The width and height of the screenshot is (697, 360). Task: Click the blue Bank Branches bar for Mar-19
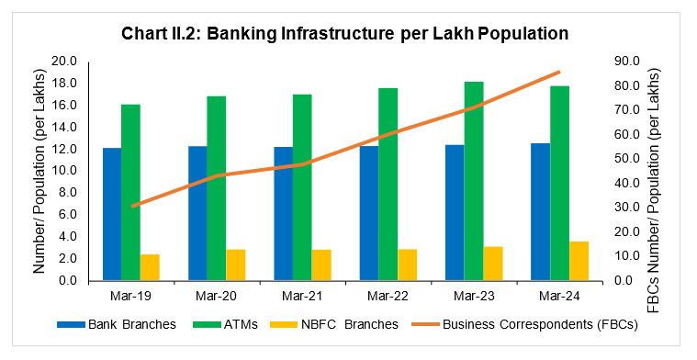[x=111, y=214]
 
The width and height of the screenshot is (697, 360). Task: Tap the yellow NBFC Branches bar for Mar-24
[x=579, y=261]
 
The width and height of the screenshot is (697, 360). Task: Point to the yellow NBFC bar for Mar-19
[x=150, y=267]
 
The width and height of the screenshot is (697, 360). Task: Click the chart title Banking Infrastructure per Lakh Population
[x=345, y=33]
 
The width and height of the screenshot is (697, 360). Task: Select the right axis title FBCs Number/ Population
[x=653, y=172]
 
